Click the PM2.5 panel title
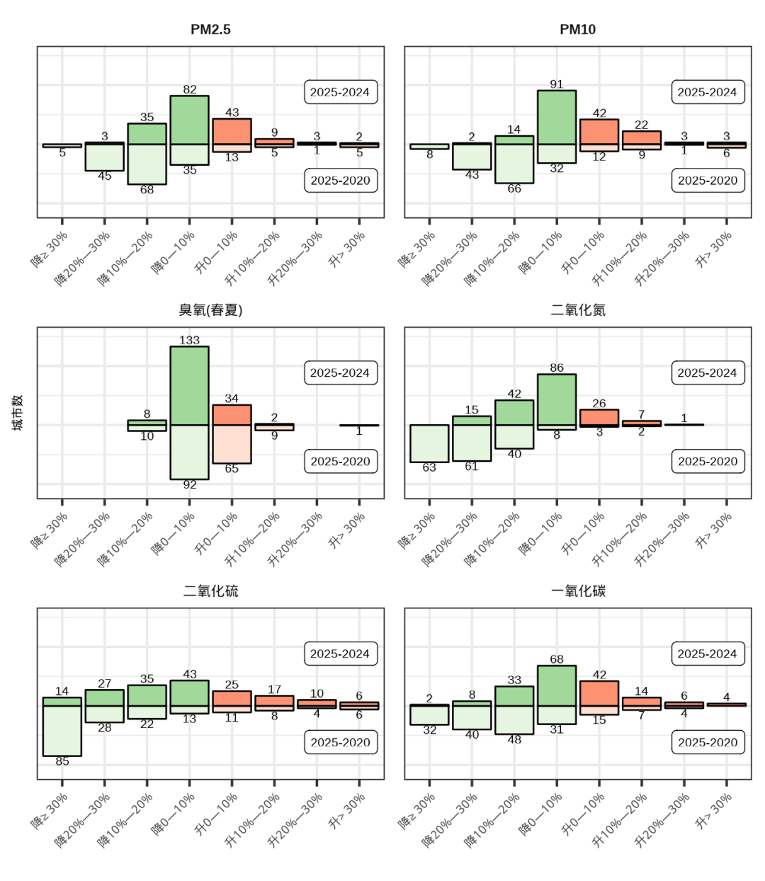tap(210, 30)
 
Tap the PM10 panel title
tap(577, 30)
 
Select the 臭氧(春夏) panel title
tap(210, 310)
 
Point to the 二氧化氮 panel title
tap(577, 310)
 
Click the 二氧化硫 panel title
tap(210, 591)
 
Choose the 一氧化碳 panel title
tap(577, 591)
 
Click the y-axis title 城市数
tap(18, 413)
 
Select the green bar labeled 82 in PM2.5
tap(189, 120)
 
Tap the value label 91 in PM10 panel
tap(557, 84)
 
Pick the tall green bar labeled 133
tap(189, 385)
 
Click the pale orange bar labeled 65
tap(232, 444)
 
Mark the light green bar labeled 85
tap(62, 731)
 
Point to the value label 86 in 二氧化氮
tap(557, 368)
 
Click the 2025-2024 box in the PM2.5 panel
tap(340, 92)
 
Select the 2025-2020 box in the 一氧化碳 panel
tap(708, 742)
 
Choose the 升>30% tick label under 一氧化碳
tap(715, 811)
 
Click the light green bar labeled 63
tap(429, 443)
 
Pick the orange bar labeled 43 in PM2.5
tap(232, 132)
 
